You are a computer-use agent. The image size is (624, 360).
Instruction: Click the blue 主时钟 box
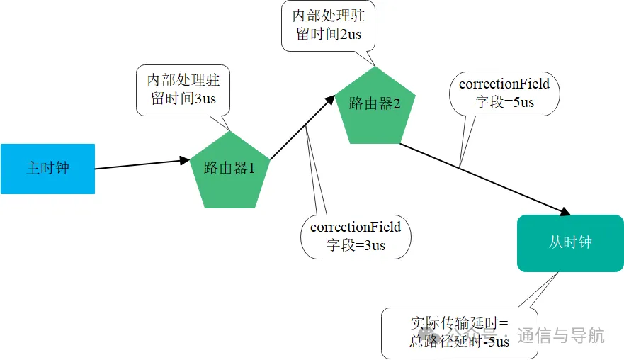pyautogui.click(x=47, y=169)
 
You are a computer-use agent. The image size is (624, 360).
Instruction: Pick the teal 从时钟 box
pyautogui.click(x=570, y=243)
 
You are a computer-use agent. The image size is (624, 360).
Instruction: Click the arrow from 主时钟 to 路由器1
pyautogui.click(x=142, y=164)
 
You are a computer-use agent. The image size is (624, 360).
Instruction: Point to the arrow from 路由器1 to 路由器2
pyautogui.click(x=301, y=130)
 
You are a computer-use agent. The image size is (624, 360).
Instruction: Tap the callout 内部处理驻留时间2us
pyautogui.click(x=328, y=25)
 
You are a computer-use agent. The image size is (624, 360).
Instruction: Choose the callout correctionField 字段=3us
pyautogui.click(x=356, y=236)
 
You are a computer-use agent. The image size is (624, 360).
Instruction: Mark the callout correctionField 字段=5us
pyautogui.click(x=504, y=93)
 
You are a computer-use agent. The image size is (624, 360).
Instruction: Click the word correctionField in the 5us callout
pyautogui.click(x=504, y=84)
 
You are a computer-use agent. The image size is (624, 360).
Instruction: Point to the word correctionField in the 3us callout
pyautogui.click(x=356, y=227)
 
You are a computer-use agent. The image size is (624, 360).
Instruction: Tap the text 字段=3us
pyautogui.click(x=356, y=245)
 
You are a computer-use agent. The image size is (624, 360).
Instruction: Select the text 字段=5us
pyautogui.click(x=504, y=103)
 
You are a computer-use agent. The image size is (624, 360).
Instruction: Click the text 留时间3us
pyautogui.click(x=183, y=99)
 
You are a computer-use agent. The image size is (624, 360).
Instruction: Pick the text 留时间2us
pyautogui.click(x=328, y=34)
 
